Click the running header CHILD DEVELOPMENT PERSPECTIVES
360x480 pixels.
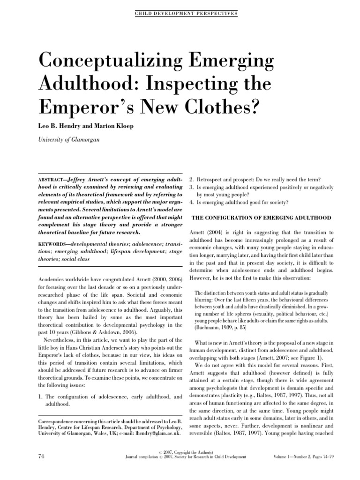coord(180,14)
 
